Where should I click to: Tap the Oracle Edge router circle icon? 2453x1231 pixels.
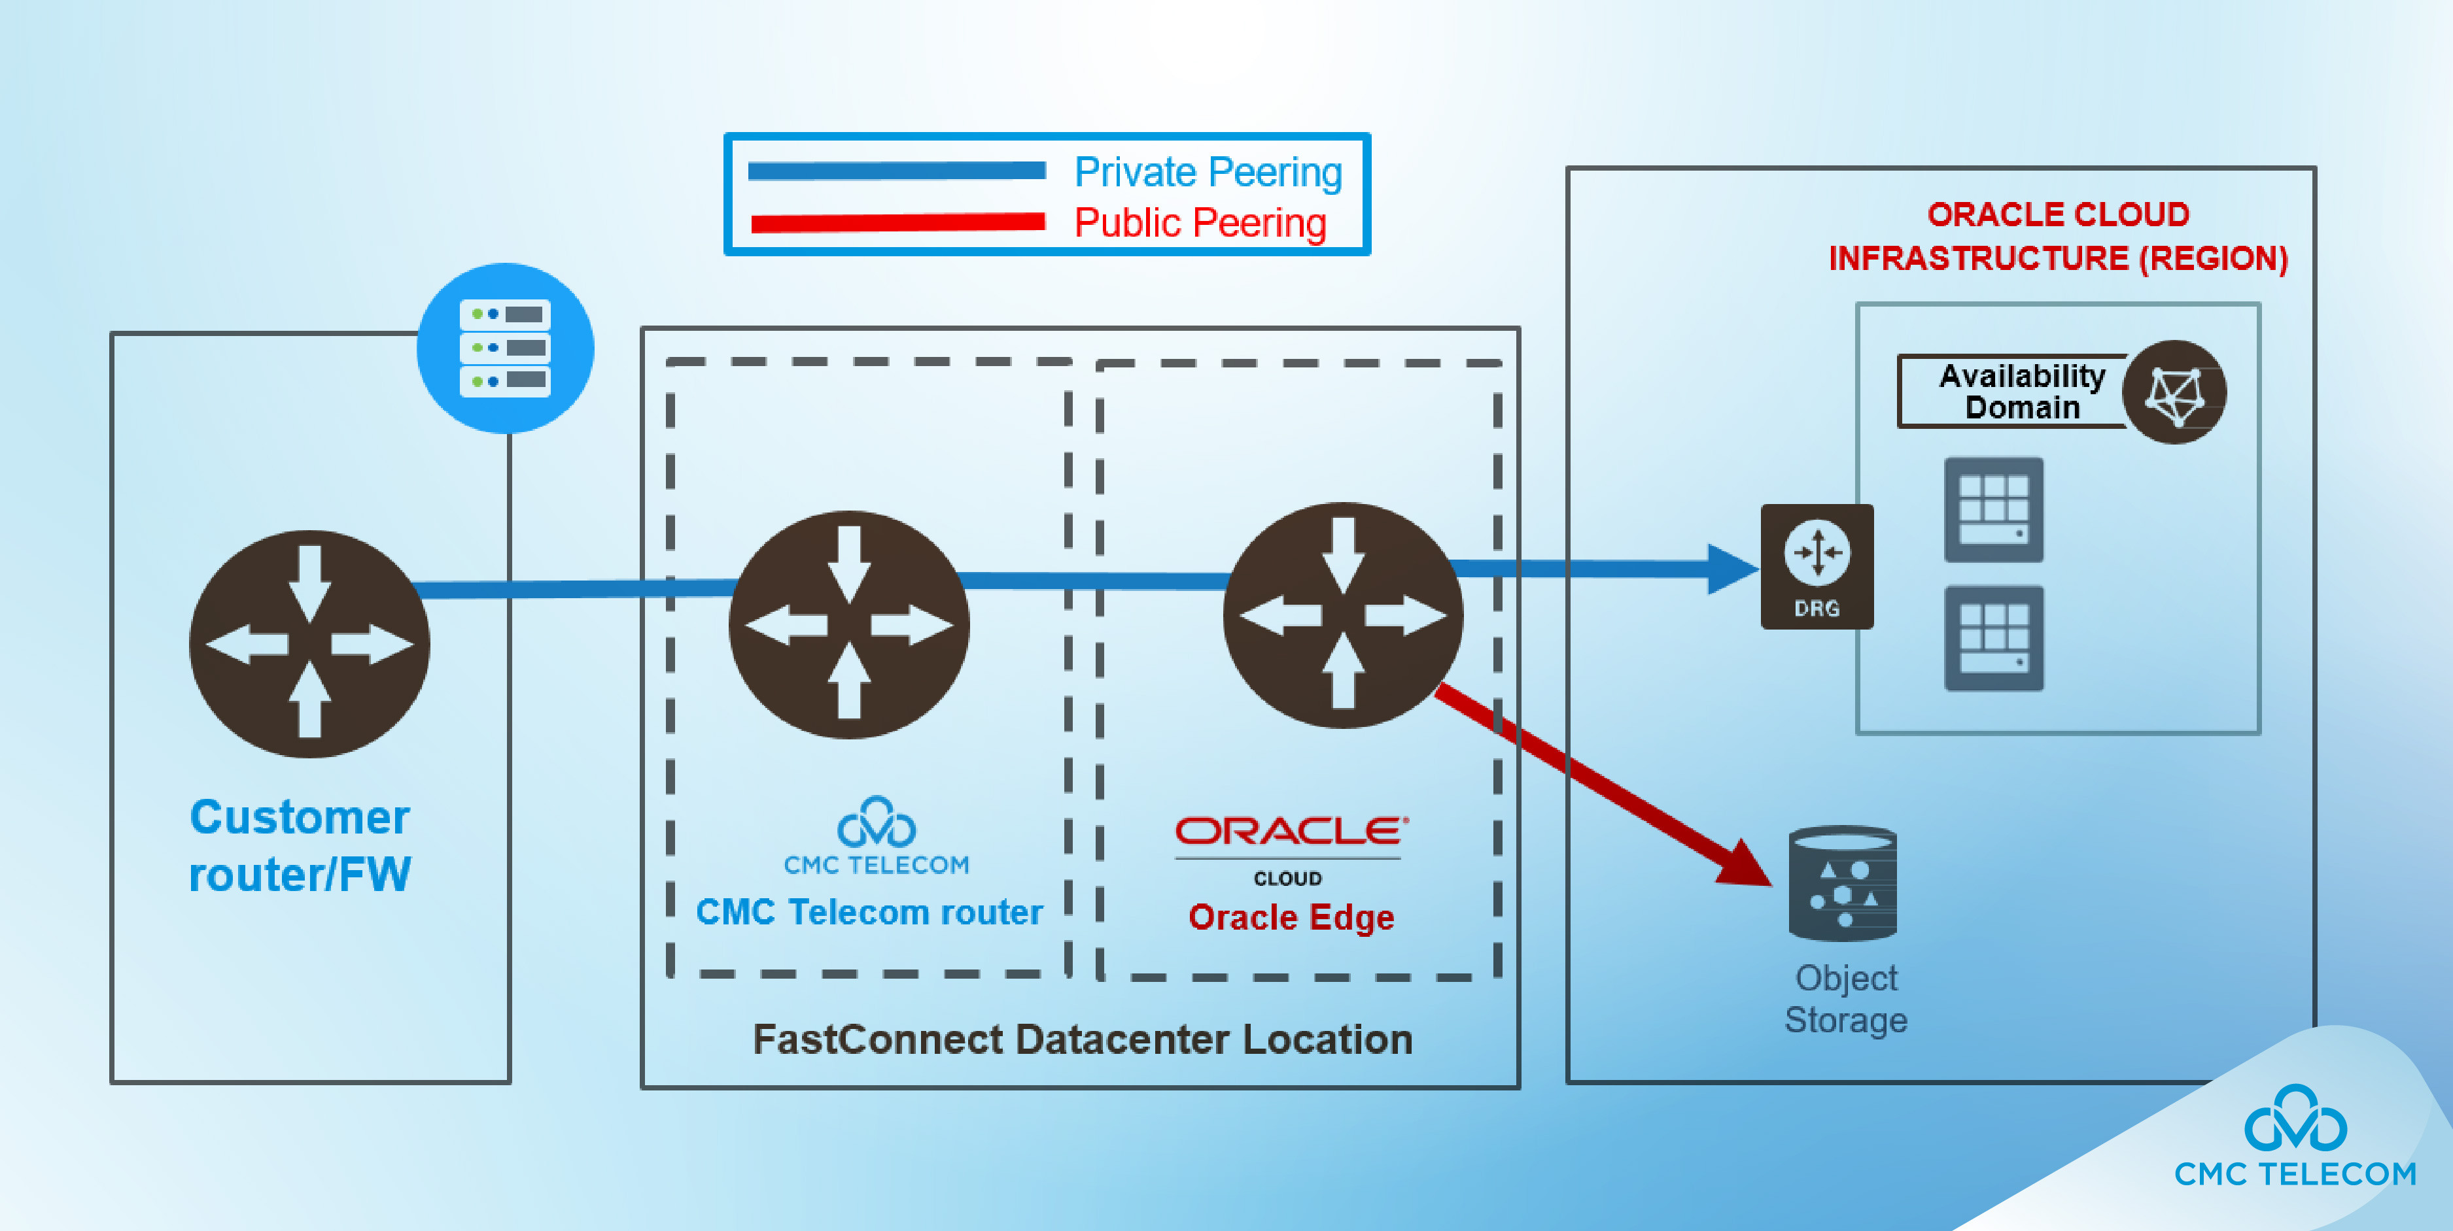tap(1343, 615)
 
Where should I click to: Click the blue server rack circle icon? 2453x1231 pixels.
tap(506, 348)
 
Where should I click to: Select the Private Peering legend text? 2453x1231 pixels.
tap(1208, 173)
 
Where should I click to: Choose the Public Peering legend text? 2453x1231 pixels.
tap(1200, 223)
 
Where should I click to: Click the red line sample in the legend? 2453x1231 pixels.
tap(897, 223)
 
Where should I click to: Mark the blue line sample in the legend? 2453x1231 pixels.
tap(897, 171)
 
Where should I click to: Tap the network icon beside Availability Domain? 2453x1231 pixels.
tap(2175, 392)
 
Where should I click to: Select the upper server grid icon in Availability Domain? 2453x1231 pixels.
tap(1993, 509)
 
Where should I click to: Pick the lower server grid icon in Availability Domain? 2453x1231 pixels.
tap(1993, 638)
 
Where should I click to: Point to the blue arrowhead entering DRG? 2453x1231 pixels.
tap(1731, 568)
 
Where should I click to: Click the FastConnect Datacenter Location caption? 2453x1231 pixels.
tap(1083, 1039)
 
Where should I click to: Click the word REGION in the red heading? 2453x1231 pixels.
tap(2214, 259)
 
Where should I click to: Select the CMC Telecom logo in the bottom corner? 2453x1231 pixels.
tap(2295, 1138)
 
